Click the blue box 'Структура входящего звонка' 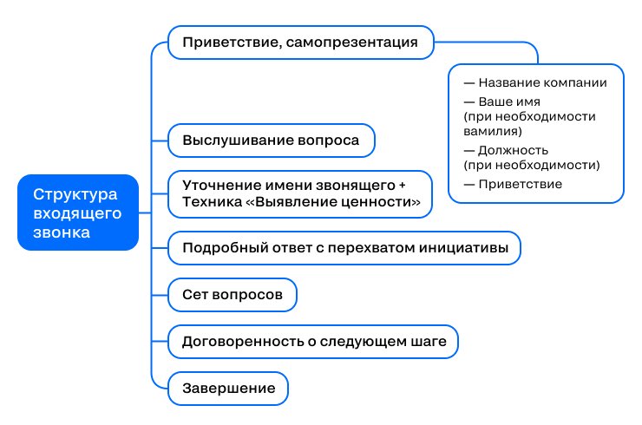[78, 212]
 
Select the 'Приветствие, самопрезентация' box [300, 42]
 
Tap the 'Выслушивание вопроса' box [271, 141]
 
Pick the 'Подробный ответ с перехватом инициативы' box [344, 248]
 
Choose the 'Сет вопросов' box [233, 295]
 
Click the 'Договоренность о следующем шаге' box [313, 342]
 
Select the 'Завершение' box [228, 389]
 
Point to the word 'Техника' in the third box [212, 202]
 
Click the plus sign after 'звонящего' [402, 186]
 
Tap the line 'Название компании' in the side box [535, 82]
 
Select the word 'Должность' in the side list [513, 150]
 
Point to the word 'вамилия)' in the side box [493, 132]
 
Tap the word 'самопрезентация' [351, 42]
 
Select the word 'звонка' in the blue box [62, 232]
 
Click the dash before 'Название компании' [468, 83]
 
